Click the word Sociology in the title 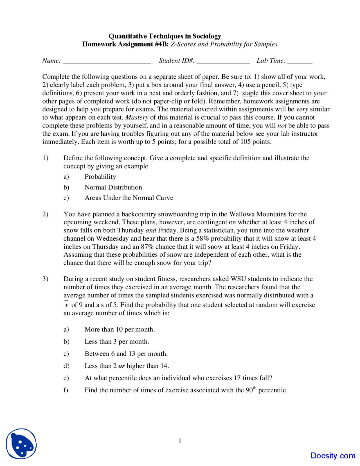point(206,36)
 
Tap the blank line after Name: point(107,63)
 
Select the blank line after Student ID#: point(223,63)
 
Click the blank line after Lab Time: point(300,63)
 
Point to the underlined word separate point(165,77)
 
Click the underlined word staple point(250,93)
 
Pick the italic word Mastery point(137,117)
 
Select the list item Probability point(100,176)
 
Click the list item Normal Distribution point(113,187)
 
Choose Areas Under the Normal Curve point(129,198)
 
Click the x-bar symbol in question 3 point(66,304)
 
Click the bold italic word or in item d point(121,366)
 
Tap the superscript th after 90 point(255,388)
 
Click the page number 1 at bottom point(180,441)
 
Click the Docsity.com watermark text point(333,456)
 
